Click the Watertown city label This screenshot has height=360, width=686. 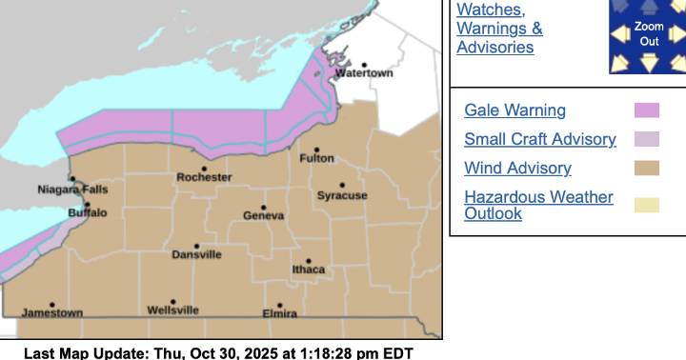(x=364, y=73)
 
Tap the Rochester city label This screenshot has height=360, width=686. (x=204, y=178)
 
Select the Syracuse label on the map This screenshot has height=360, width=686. (x=342, y=196)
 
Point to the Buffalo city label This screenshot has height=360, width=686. (x=88, y=213)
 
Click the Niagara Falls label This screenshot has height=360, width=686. (x=73, y=190)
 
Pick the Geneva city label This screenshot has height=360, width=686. (x=264, y=216)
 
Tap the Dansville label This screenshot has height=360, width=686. (x=197, y=255)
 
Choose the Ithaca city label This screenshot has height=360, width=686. (x=309, y=270)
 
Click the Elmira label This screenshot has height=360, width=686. (x=280, y=313)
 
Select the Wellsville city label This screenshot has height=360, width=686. (x=173, y=310)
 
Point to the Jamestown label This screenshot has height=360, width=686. (x=52, y=312)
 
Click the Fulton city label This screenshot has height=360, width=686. (x=317, y=159)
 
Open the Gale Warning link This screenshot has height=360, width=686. (x=514, y=110)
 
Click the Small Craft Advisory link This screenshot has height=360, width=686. (x=539, y=139)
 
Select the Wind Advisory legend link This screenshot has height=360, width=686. (x=517, y=169)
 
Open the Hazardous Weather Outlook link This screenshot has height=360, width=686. (x=538, y=205)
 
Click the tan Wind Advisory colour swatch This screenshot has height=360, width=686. (x=647, y=169)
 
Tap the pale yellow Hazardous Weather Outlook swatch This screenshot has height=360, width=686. (x=647, y=205)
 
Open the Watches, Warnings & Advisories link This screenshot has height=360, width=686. (x=500, y=28)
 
